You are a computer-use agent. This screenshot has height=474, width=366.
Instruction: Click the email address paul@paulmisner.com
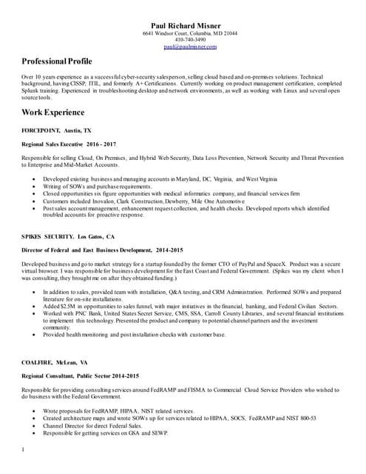(190, 47)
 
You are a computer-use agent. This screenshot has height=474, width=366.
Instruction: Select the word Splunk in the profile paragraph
(33, 90)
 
